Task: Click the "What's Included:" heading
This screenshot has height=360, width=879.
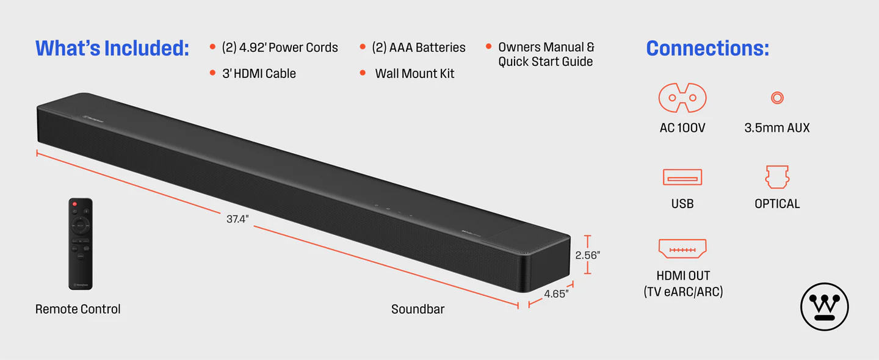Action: (112, 48)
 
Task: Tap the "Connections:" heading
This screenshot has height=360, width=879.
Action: (707, 48)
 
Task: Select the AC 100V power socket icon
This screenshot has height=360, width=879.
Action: (682, 98)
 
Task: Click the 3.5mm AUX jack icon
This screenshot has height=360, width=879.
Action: (777, 98)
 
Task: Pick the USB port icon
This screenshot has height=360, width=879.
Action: (682, 178)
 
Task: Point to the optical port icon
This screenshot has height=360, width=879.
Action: (777, 177)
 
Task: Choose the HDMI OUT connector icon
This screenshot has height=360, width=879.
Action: (682, 249)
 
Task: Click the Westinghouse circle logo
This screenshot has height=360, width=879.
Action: (825, 307)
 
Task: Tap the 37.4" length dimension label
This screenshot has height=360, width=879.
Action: (237, 219)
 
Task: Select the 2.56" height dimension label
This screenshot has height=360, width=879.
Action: (588, 255)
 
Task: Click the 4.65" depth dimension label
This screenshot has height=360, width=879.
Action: (556, 293)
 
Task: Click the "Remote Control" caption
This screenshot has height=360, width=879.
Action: (78, 309)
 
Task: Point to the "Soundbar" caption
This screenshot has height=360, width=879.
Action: (418, 309)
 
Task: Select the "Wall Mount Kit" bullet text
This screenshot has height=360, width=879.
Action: (414, 74)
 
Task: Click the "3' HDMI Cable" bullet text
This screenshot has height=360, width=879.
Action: (259, 74)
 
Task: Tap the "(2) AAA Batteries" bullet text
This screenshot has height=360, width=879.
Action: (418, 48)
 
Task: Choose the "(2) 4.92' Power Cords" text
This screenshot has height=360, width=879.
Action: (280, 48)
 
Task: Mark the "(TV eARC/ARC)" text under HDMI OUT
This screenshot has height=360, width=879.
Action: (682, 292)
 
